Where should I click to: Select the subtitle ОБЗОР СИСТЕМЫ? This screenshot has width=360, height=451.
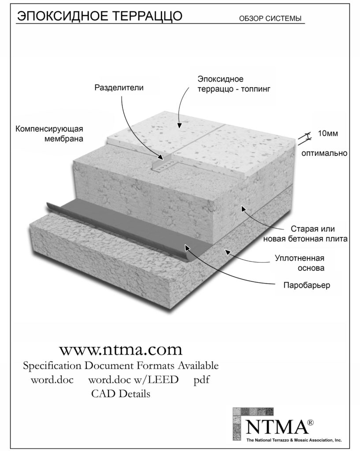click(x=270, y=18)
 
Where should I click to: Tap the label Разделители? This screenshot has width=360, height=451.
click(x=119, y=88)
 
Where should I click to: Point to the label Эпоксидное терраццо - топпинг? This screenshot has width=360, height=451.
click(x=234, y=84)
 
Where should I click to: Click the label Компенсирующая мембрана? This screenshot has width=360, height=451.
click(x=49, y=133)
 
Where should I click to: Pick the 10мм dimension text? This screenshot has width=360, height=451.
click(x=328, y=133)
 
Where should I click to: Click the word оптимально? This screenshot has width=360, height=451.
click(x=324, y=153)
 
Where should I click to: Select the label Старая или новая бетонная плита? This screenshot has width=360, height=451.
click(x=305, y=234)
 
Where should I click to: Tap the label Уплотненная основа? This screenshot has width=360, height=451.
click(x=300, y=263)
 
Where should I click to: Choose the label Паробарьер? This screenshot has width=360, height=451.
click(x=307, y=285)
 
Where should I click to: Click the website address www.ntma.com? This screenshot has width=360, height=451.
click(x=121, y=350)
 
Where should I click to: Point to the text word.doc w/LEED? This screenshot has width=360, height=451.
click(x=133, y=380)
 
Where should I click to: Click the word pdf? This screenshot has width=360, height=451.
click(x=201, y=380)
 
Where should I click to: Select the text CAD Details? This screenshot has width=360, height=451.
click(x=121, y=393)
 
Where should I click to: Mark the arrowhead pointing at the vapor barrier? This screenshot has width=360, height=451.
click(x=187, y=248)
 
